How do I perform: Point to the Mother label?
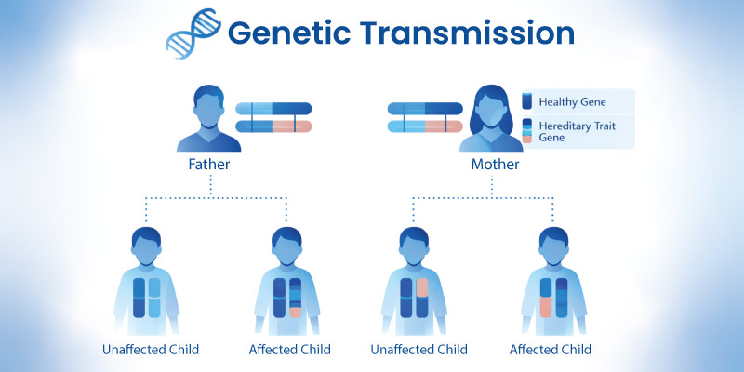coord(495,165)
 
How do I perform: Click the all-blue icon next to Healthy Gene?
coord(527,100)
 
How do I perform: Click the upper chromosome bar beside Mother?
coord(425,108)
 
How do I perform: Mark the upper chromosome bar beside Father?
coord(273,108)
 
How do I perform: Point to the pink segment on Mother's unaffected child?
coord(420,287)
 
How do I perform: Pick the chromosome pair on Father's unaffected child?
coord(147,298)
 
